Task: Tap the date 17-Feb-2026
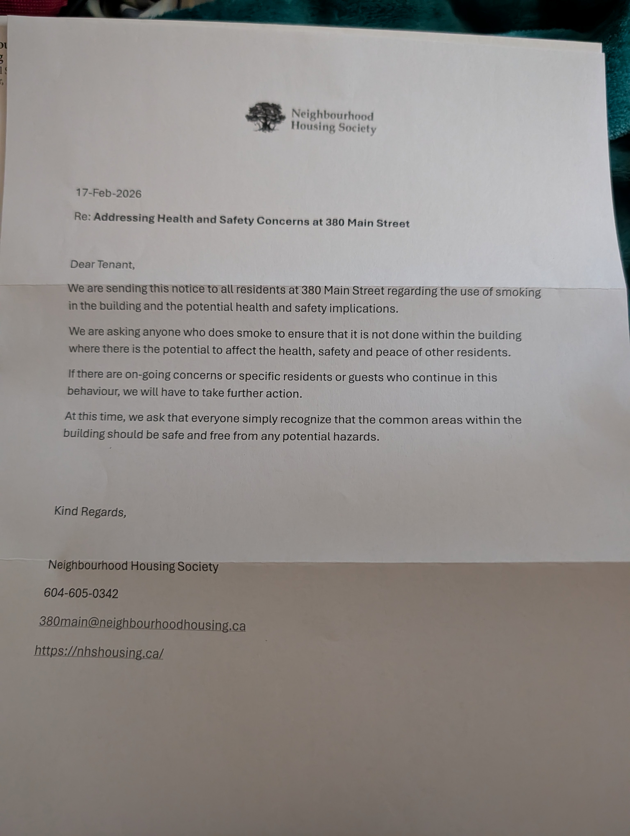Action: [x=108, y=193]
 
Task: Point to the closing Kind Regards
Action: [x=90, y=512]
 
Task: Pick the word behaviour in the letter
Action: [x=93, y=391]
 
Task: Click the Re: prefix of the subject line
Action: [x=82, y=217]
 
